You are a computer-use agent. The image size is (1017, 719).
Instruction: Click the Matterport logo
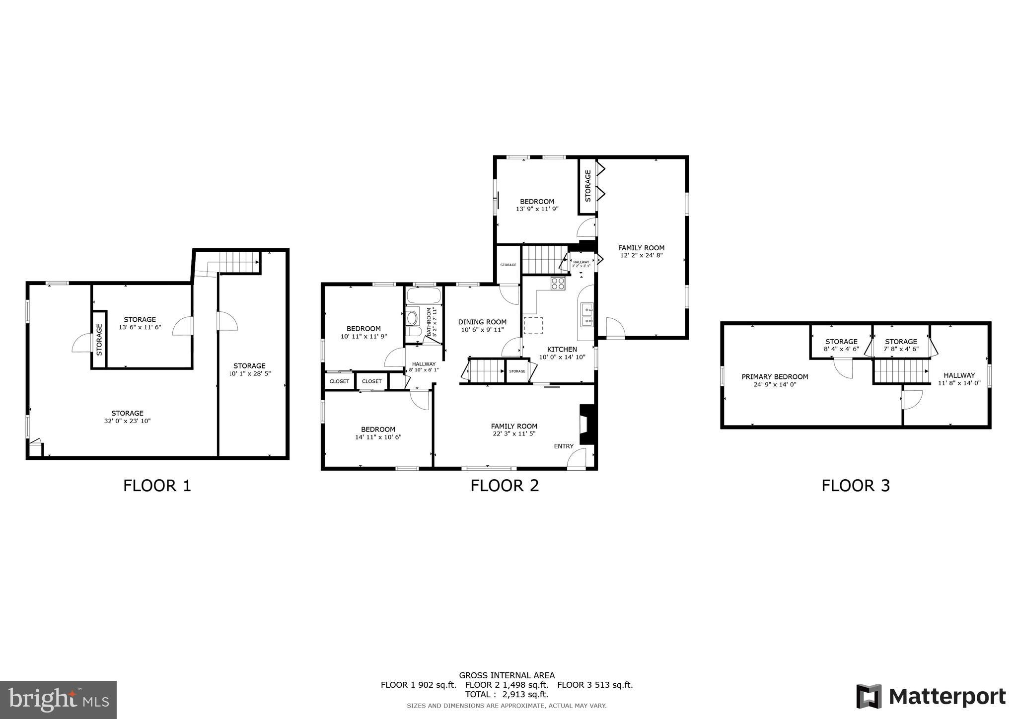931,697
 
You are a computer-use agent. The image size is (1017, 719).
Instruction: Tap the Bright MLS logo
58,699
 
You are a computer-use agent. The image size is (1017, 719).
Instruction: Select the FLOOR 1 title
157,485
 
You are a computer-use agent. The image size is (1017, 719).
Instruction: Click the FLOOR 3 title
855,485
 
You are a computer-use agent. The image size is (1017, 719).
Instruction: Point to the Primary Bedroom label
775,377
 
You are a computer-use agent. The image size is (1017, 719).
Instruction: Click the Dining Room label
482,322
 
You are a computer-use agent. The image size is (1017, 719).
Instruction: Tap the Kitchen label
562,349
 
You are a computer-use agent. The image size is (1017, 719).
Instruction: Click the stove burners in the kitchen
558,284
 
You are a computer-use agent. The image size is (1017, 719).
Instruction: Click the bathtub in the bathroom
424,296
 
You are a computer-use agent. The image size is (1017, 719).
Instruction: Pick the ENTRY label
564,446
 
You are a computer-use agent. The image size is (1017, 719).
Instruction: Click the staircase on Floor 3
901,371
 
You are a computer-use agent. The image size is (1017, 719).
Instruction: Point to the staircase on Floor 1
240,262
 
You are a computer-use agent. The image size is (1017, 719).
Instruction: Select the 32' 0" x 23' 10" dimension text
127,421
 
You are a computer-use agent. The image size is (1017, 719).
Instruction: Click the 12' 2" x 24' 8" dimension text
641,255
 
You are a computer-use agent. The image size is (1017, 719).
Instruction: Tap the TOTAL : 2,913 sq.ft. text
506,694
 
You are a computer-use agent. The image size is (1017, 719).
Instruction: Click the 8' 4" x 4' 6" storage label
841,349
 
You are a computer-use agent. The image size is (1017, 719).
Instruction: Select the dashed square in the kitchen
533,325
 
